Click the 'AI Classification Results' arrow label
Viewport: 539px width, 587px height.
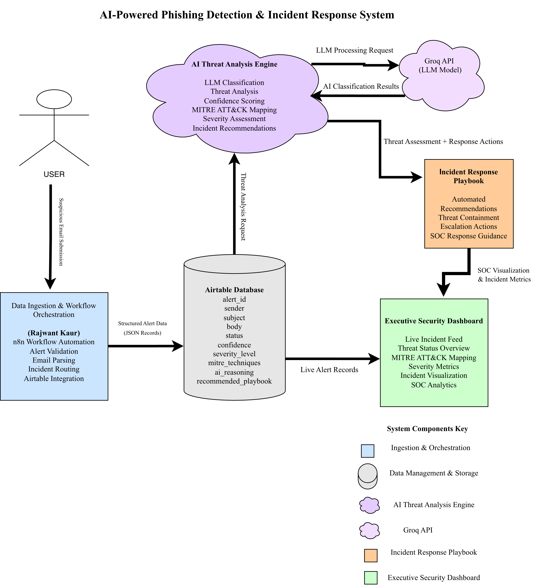pyautogui.click(x=361, y=86)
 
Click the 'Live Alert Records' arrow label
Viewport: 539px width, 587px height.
pyautogui.click(x=329, y=370)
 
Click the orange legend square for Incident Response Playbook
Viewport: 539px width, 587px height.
pyautogui.click(x=371, y=555)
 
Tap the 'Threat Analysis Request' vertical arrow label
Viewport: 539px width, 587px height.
pyautogui.click(x=243, y=207)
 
